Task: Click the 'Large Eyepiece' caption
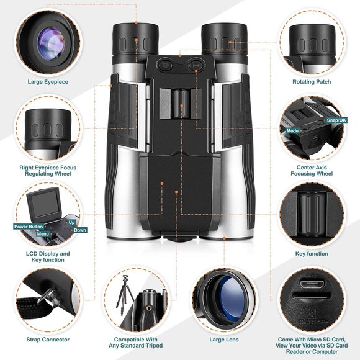tap(48, 81)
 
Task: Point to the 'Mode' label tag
tap(292, 131)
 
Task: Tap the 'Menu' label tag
tap(43, 234)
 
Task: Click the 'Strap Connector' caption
tap(48, 340)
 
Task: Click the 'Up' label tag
tap(71, 222)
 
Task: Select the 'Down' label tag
tap(81, 230)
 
